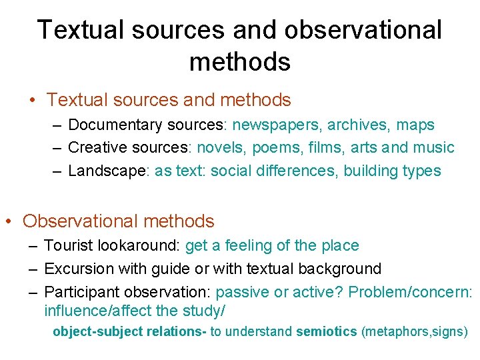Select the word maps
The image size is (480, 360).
(x=415, y=125)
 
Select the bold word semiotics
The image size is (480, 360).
(x=326, y=331)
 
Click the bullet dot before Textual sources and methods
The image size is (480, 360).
(x=32, y=101)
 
